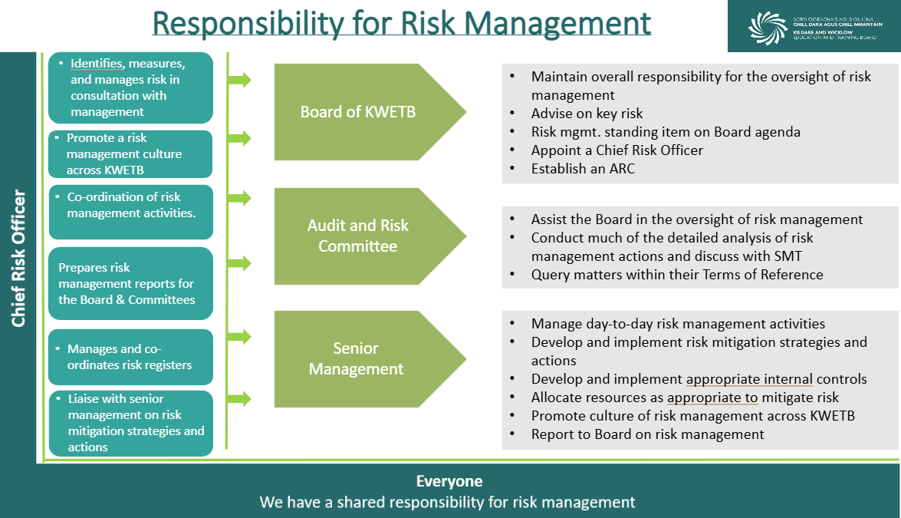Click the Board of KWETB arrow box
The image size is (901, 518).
(x=368, y=112)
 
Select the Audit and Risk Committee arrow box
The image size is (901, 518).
(x=368, y=236)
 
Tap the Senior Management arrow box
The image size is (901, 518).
(x=368, y=359)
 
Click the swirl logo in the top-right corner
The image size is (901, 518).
(x=768, y=28)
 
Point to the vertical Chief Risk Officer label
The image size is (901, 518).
(x=19, y=258)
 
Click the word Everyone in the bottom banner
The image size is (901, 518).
(x=449, y=481)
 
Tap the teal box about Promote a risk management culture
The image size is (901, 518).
(x=130, y=154)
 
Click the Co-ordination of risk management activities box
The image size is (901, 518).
(x=131, y=212)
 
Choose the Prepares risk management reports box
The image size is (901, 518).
(x=131, y=283)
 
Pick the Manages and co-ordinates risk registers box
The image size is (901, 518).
(x=131, y=357)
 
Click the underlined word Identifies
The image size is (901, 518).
(x=97, y=63)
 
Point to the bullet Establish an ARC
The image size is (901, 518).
(x=583, y=169)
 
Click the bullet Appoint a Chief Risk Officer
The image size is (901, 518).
(x=617, y=150)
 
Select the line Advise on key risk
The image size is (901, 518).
(x=587, y=114)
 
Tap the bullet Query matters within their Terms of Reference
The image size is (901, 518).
(x=677, y=275)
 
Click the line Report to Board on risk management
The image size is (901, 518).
(x=648, y=434)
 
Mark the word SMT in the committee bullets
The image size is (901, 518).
(x=788, y=256)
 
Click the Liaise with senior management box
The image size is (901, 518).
(x=131, y=423)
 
